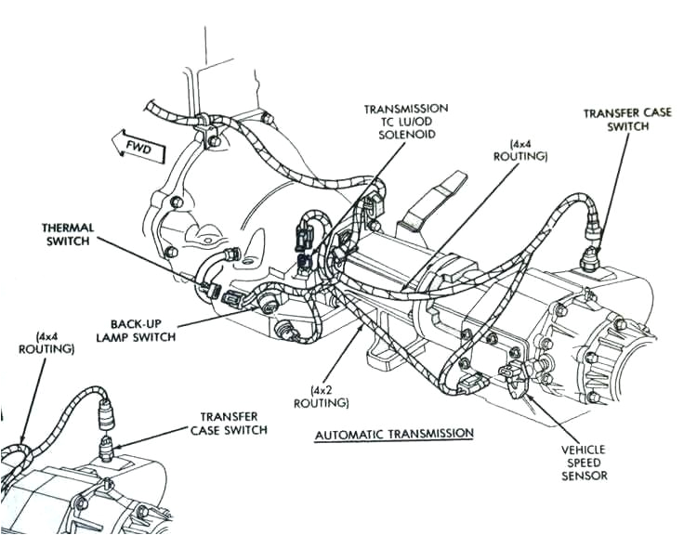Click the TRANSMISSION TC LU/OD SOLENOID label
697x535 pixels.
(406, 121)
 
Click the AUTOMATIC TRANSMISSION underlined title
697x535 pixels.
(394, 434)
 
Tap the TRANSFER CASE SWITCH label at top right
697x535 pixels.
(615, 120)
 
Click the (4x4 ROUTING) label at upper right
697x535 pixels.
(528, 150)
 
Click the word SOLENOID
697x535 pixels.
(407, 135)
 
